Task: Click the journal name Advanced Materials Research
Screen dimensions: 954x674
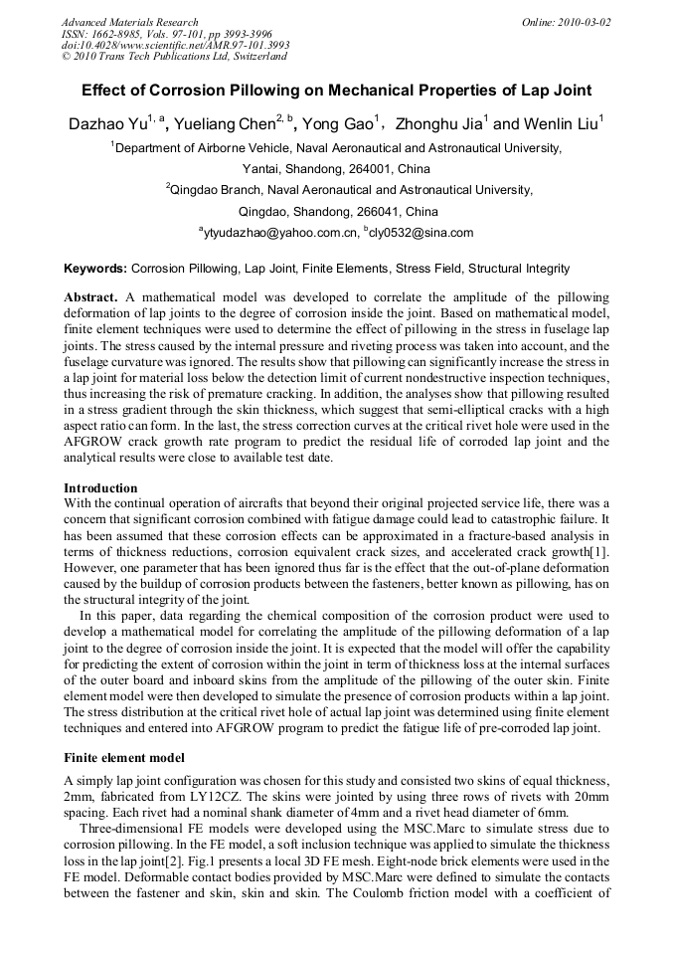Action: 129,22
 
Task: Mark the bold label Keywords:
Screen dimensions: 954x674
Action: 95,269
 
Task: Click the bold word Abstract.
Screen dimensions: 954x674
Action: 91,297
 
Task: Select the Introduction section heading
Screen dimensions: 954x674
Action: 100,488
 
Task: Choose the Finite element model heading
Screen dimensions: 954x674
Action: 124,758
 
